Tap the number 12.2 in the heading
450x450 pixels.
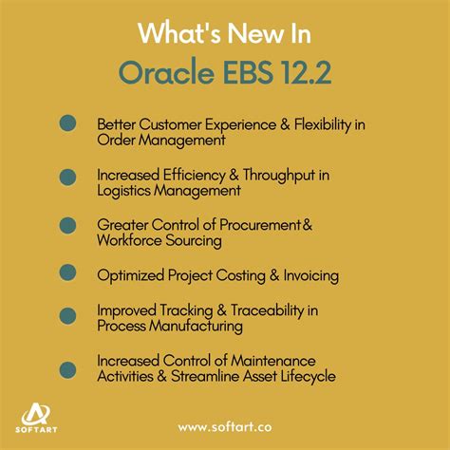302,74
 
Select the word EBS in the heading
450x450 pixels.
245,74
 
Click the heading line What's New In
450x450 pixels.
224,32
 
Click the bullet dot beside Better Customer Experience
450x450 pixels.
68,123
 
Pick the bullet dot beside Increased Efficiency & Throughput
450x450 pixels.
68,176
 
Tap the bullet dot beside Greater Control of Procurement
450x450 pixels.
68,225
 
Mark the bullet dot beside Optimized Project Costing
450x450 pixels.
68,272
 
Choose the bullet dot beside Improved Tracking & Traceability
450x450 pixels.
68,315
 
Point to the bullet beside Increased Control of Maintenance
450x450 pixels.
68,368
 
